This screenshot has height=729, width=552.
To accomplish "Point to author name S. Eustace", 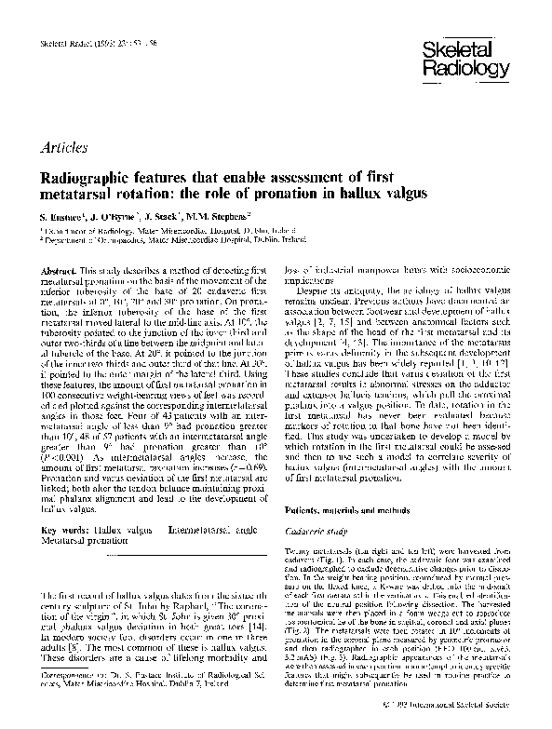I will [62, 216].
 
